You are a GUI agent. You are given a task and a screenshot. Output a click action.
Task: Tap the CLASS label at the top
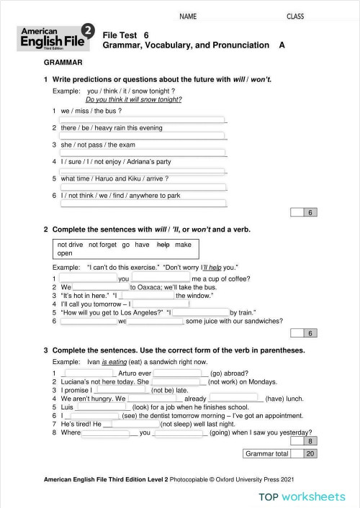(296, 15)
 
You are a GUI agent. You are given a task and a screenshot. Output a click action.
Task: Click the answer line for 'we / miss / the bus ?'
(143, 119)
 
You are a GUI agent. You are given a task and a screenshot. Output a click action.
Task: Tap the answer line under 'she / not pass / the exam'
(143, 153)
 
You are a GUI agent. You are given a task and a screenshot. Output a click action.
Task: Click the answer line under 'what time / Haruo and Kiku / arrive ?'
(143, 186)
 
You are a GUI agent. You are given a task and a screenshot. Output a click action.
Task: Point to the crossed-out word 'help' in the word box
(163, 245)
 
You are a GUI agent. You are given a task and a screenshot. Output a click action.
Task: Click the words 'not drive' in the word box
(71, 245)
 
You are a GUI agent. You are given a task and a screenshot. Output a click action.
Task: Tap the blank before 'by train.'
(200, 312)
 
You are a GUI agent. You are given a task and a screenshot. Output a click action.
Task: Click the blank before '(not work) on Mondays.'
(179, 382)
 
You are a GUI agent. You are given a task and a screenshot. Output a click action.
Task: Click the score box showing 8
(310, 440)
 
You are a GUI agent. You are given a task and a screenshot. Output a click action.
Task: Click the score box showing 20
(310, 454)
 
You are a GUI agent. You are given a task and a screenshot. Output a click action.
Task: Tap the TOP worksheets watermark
(303, 496)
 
